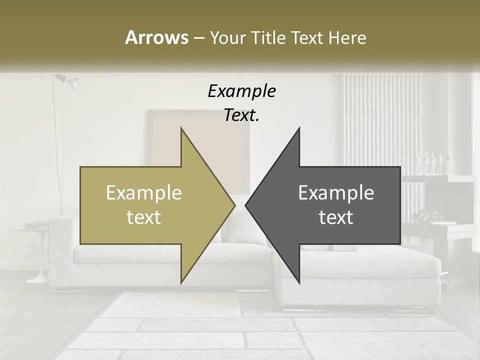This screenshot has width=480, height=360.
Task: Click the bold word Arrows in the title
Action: tap(156, 37)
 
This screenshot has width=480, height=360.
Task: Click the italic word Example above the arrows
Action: tap(241, 91)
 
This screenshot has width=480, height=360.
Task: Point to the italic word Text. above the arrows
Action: tap(241, 115)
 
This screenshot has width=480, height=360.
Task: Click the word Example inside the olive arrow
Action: tap(143, 193)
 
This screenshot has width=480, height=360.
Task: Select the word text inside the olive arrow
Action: tap(143, 217)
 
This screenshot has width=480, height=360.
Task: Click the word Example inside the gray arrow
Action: tap(336, 193)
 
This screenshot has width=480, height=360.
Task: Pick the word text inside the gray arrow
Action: tap(336, 217)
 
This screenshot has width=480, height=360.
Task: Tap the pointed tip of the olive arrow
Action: tap(234, 205)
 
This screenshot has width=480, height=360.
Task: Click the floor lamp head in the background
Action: tap(70, 81)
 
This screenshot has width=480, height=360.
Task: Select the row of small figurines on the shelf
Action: tap(433, 163)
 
